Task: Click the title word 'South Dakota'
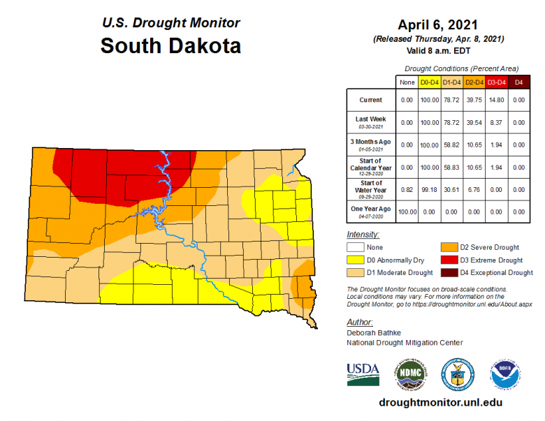(x=170, y=46)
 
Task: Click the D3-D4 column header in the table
(x=497, y=82)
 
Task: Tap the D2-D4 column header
(x=474, y=82)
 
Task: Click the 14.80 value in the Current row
(x=497, y=101)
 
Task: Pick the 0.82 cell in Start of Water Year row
(x=407, y=189)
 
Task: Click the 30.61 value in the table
(x=452, y=189)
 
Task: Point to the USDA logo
(x=363, y=374)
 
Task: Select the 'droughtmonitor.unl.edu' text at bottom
(x=439, y=403)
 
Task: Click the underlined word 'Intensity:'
(x=363, y=235)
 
